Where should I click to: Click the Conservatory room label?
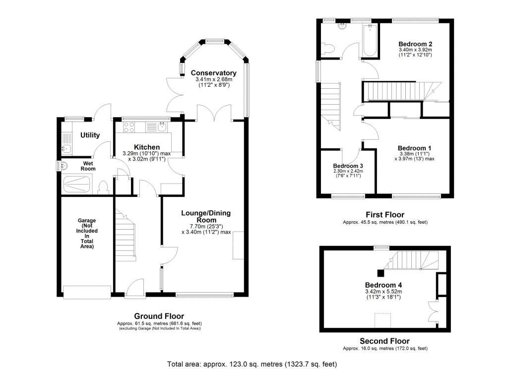213,72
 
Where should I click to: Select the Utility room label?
90,135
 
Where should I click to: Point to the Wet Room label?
88,166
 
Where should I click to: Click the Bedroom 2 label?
415,44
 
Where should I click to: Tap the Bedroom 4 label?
383,285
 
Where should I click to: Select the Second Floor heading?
384,341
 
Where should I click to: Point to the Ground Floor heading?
159,316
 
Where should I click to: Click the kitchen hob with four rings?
129,127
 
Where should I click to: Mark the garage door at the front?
87,293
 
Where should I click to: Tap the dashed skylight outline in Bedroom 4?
383,320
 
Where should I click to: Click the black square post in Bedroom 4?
380,272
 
